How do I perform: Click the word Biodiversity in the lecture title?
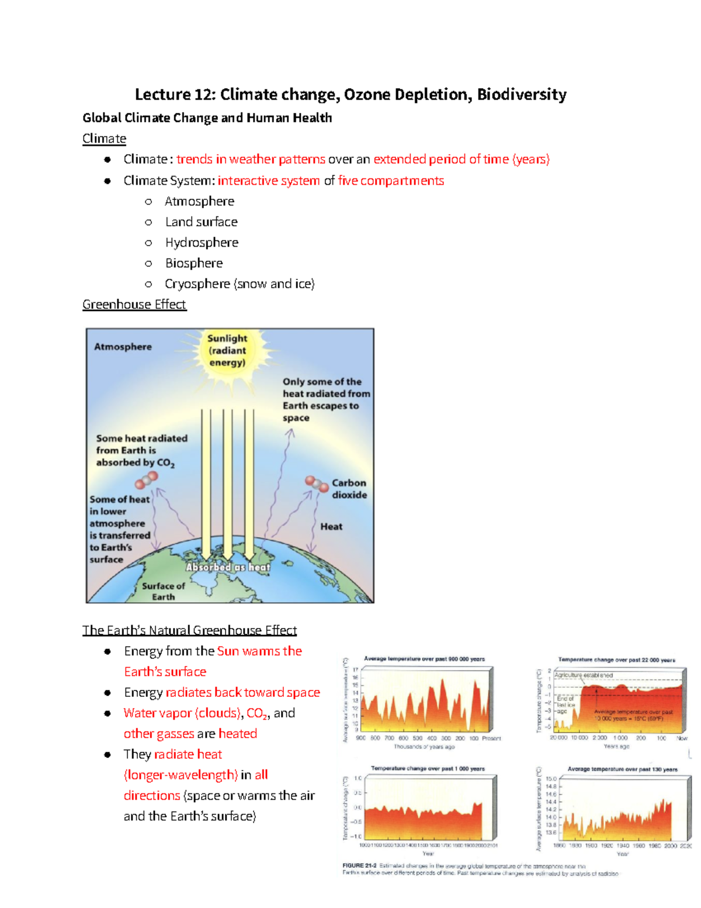tap(521, 95)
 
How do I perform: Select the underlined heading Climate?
tap(104, 139)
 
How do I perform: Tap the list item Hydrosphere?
tap(202, 243)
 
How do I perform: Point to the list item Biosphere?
tap(194, 263)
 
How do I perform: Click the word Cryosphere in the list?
tap(197, 284)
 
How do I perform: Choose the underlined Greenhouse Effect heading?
tap(134, 305)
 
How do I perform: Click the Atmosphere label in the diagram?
tap(123, 347)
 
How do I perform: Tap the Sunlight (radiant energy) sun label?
tap(227, 350)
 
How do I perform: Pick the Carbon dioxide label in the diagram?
tap(349, 489)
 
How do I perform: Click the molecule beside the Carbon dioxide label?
tap(317, 484)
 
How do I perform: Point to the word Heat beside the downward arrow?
tap(331, 527)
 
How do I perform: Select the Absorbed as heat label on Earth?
tap(228, 567)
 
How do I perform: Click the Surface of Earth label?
tap(163, 591)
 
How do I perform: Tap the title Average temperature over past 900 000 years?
tap(424, 659)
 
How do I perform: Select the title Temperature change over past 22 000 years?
tap(616, 660)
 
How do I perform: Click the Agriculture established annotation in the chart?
tap(584, 675)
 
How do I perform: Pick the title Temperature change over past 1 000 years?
tap(428, 769)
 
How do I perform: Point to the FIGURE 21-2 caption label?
tap(359, 866)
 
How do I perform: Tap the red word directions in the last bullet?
tap(152, 796)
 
